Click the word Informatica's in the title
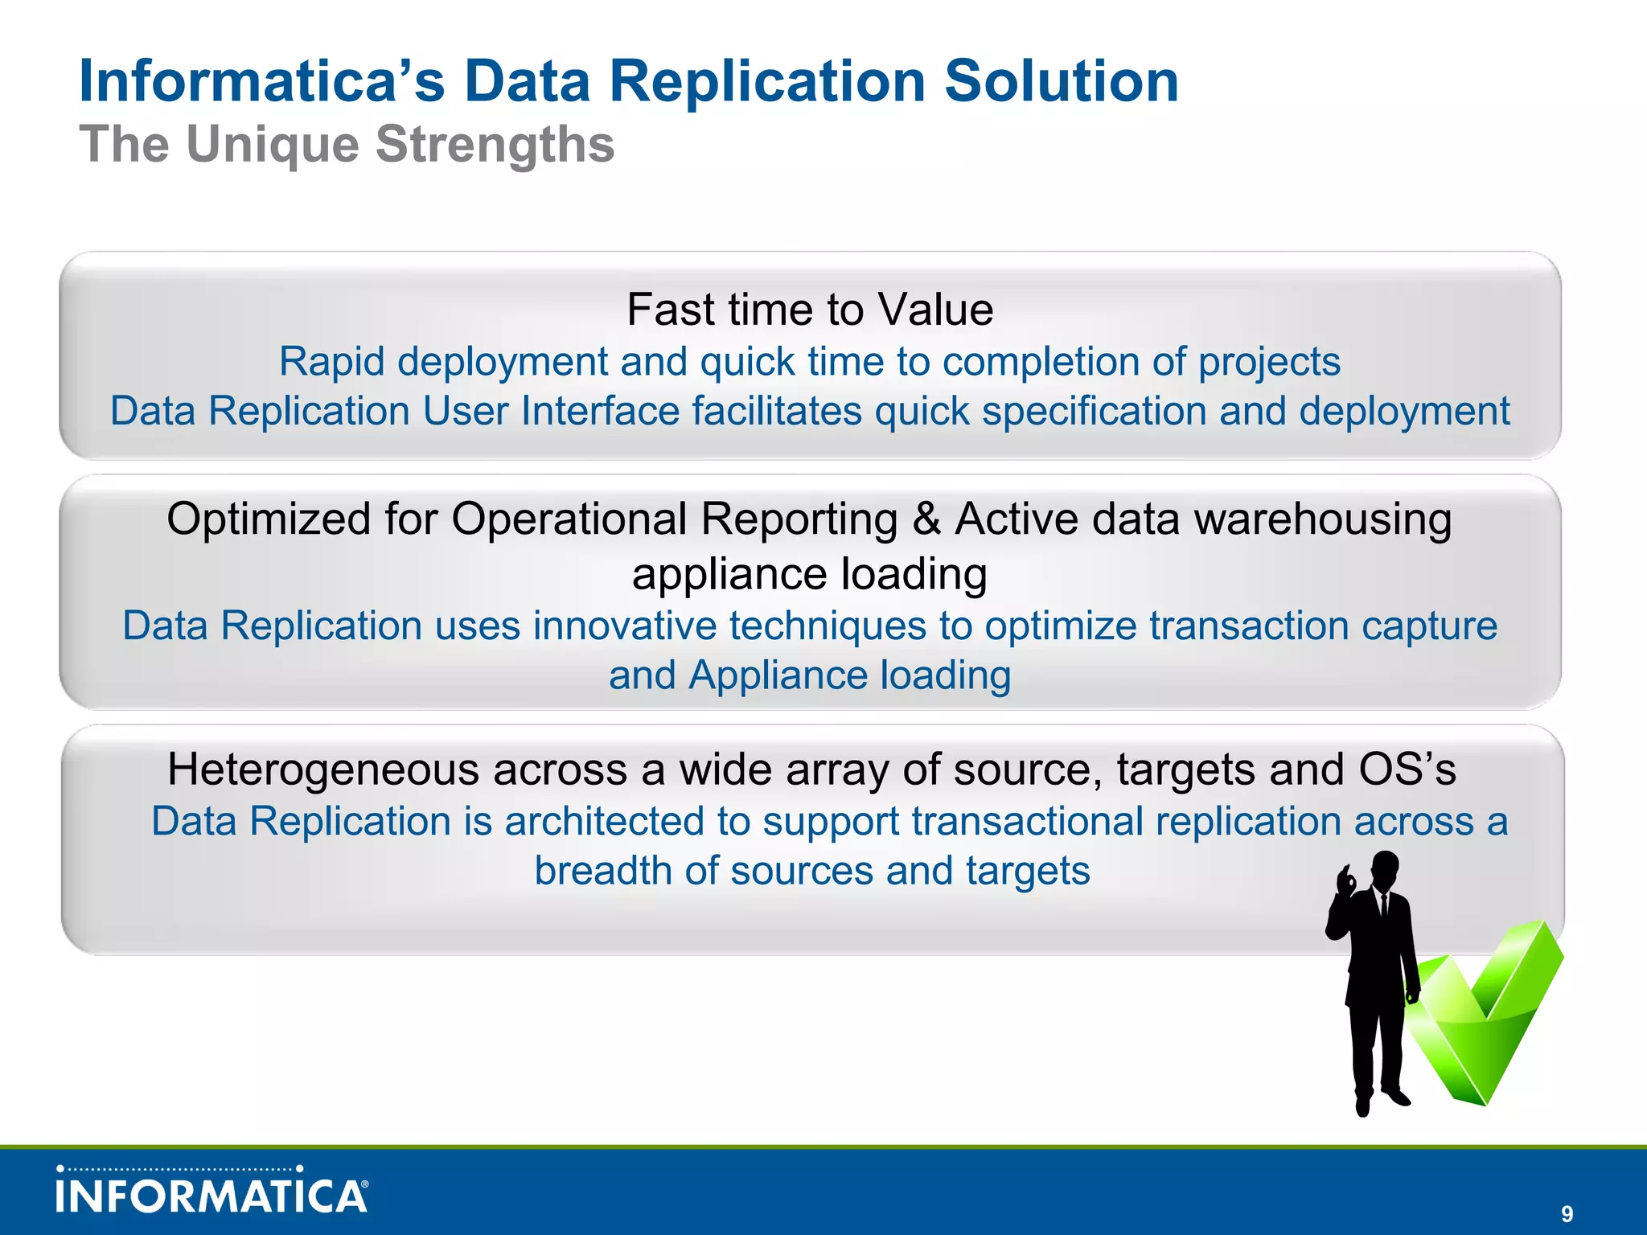tap(261, 82)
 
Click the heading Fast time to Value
tap(810, 310)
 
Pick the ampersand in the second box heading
tap(926, 519)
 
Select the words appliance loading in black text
tap(810, 574)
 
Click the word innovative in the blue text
tap(624, 626)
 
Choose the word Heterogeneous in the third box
tap(323, 769)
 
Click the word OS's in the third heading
tap(1407, 769)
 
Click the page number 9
tap(1567, 1214)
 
